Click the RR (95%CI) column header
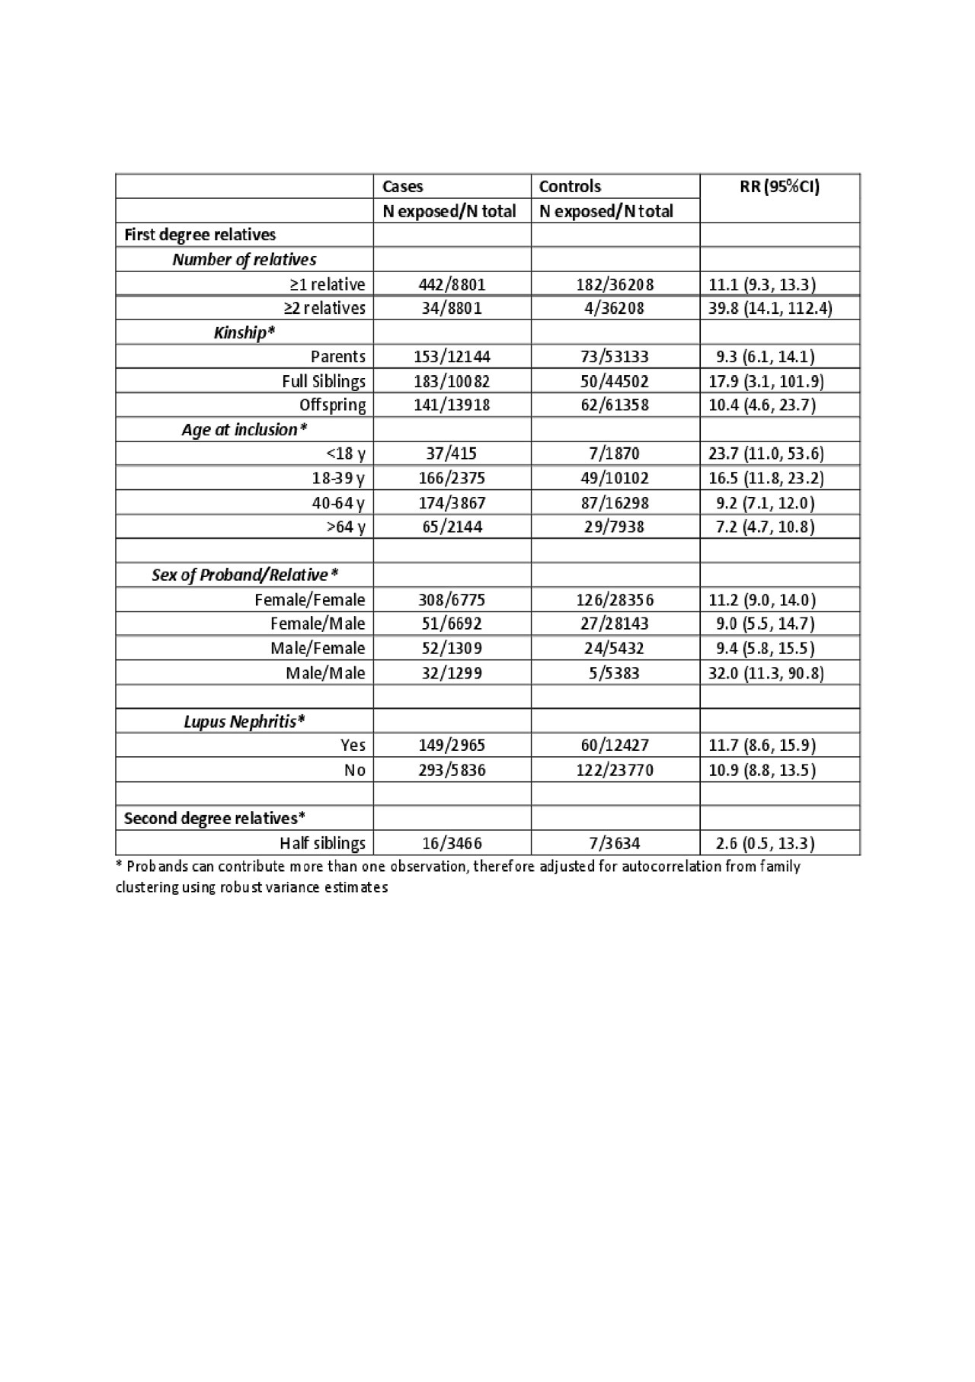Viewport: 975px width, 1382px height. (779, 187)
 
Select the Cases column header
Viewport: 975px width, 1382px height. (402, 187)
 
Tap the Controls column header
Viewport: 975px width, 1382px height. (570, 187)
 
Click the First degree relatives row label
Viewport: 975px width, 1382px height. (200, 235)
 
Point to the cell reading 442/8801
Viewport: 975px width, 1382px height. (452, 284)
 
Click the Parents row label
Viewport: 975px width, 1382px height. (337, 357)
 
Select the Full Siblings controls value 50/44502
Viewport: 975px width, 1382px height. (615, 381)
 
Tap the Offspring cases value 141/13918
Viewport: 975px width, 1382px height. (452, 405)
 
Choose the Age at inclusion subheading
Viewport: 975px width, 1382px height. (244, 430)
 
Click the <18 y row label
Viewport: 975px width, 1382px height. (345, 454)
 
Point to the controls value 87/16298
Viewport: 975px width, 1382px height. (615, 503)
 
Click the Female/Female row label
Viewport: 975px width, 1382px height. (309, 600)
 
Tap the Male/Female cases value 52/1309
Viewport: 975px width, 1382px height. (452, 649)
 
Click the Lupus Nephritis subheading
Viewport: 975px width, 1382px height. (244, 721)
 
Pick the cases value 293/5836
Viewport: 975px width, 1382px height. (452, 770)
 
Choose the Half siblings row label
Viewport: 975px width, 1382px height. (322, 843)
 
